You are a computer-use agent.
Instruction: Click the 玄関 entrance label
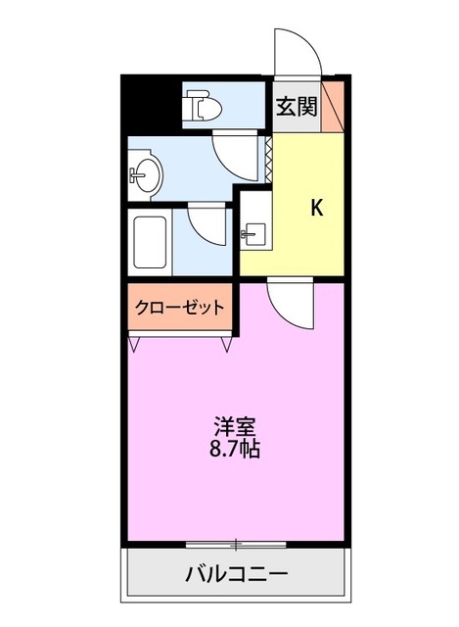click(x=297, y=107)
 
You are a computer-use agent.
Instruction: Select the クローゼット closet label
click(x=179, y=307)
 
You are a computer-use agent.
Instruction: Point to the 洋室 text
click(x=236, y=428)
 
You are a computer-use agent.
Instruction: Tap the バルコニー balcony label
click(x=236, y=574)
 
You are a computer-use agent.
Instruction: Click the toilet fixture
click(x=203, y=106)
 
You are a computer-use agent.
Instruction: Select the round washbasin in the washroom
click(x=145, y=173)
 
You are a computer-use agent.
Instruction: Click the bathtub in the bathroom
click(x=153, y=240)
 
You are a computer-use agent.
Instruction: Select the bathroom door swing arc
click(x=207, y=224)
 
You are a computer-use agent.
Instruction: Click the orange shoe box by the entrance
click(x=334, y=106)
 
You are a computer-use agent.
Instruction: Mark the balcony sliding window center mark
click(x=236, y=542)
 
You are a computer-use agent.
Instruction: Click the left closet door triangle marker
click(x=133, y=342)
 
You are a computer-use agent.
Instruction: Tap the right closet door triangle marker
click(x=228, y=342)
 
